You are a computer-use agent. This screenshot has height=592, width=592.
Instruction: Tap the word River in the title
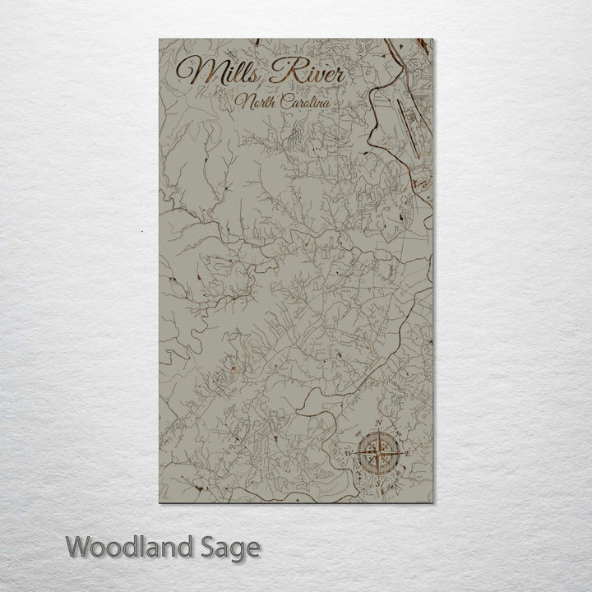pos(306,73)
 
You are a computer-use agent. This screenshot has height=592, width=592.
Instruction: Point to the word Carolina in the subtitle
pos(304,104)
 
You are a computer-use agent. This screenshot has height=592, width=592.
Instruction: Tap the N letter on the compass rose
pos(379,424)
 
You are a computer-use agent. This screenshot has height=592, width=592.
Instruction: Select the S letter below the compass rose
pos(378,482)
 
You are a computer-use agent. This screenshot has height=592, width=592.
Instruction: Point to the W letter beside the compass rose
pos(349,453)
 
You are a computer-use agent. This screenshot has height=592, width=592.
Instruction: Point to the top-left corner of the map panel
pos(160,39)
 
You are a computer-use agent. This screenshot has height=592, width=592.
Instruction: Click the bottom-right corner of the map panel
pos(432,502)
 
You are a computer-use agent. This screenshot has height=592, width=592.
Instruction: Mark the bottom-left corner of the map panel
pos(160,502)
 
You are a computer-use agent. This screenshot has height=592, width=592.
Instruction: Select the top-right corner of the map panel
pos(432,39)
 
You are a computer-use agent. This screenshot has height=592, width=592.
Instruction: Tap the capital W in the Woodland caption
pos(79,546)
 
